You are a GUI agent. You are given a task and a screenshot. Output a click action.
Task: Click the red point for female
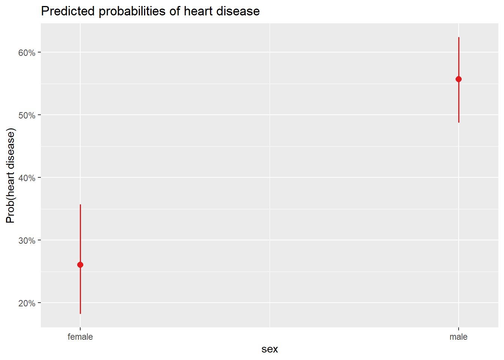80,265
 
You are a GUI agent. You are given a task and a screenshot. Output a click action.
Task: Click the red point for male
459,79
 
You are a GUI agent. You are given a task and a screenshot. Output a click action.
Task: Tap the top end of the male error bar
459,37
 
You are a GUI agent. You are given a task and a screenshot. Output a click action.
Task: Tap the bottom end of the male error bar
459,122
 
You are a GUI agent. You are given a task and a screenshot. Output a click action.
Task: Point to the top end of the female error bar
80,205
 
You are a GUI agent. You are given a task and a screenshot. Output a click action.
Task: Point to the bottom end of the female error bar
80,313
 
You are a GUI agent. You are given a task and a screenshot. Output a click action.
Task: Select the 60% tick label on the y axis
27,53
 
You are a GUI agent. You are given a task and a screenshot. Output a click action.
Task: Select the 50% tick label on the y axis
27,115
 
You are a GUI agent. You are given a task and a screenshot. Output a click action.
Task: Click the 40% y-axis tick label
27,178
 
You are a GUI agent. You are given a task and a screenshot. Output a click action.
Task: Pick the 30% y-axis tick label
27,241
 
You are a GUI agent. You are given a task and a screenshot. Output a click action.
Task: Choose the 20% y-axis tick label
27,303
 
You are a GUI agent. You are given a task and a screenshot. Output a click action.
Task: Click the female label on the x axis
80,337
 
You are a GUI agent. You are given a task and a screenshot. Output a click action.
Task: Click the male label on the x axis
459,337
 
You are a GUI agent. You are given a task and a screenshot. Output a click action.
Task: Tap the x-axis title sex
270,349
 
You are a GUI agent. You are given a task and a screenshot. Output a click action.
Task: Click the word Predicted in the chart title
68,11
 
